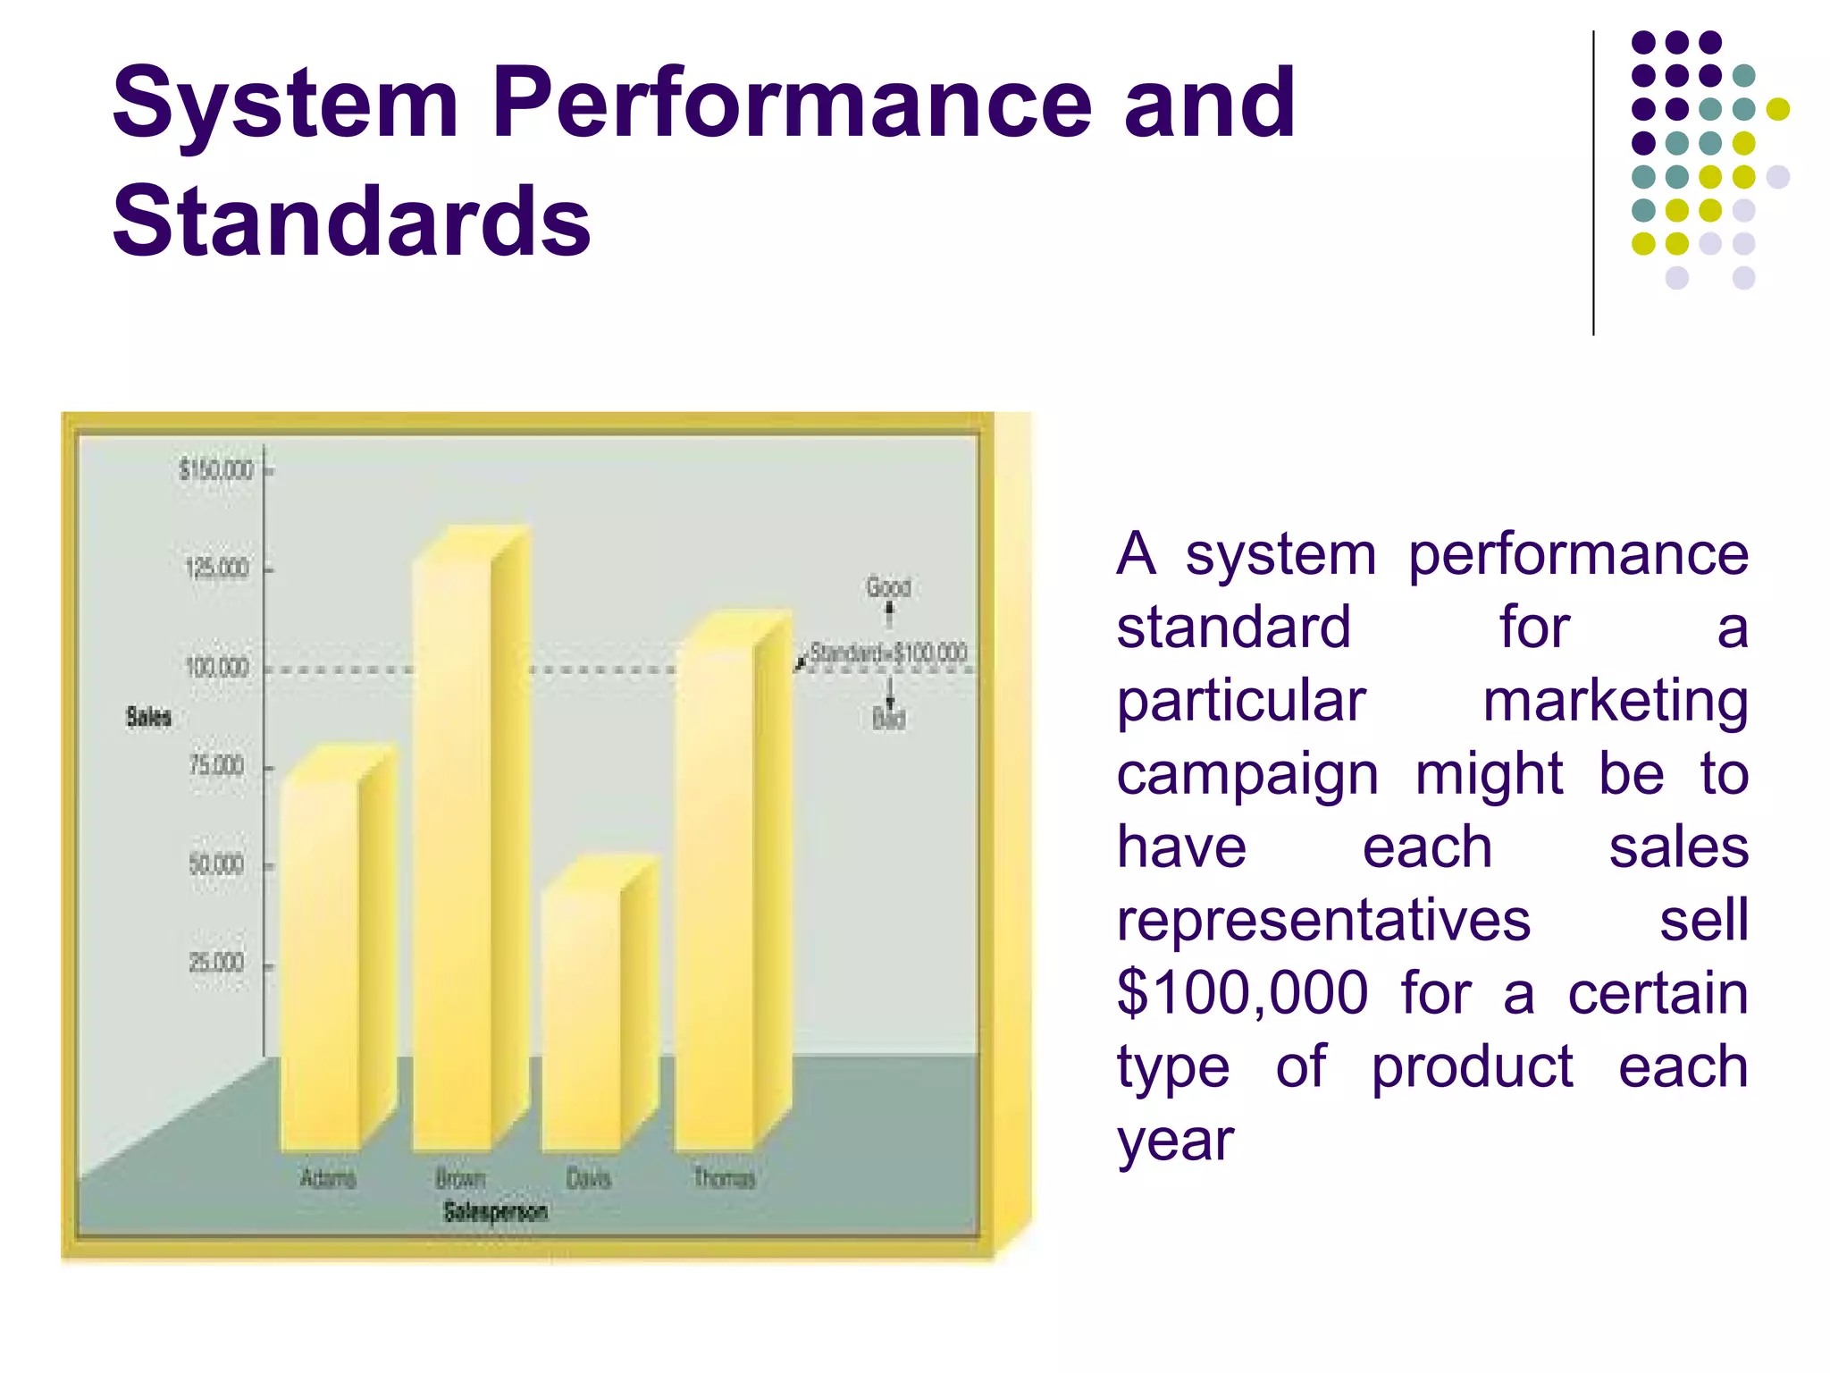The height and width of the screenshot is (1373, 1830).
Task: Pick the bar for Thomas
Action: click(x=715, y=894)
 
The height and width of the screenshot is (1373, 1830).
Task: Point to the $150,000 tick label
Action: click(x=216, y=469)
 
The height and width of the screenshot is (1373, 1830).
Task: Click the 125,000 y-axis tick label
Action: click(x=216, y=569)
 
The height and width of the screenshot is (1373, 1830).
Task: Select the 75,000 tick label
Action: click(x=216, y=766)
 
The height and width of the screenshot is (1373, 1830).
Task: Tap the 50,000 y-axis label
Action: click(x=216, y=864)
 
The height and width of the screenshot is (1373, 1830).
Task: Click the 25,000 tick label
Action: click(x=216, y=963)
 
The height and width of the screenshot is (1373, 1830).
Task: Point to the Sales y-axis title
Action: click(x=148, y=717)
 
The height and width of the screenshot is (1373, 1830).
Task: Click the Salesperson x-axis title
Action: click(x=496, y=1212)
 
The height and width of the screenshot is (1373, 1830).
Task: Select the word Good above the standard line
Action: click(x=888, y=587)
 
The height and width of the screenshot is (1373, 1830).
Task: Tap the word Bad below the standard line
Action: click(x=888, y=719)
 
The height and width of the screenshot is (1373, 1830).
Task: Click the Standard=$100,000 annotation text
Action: click(x=888, y=653)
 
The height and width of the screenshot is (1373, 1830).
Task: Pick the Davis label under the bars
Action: click(x=589, y=1179)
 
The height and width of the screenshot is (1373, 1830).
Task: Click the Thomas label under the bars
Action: click(x=725, y=1179)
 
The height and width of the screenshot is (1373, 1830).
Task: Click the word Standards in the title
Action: click(x=352, y=221)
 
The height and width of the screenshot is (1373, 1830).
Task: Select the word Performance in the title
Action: click(x=792, y=104)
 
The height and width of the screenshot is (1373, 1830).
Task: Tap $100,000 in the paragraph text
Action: click(x=1242, y=993)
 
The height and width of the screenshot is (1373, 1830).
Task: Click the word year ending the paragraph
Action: click(x=1175, y=1141)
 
